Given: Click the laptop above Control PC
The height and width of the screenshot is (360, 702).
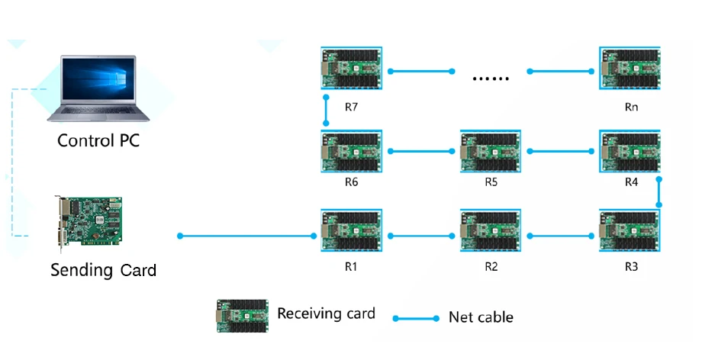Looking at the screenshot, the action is [98, 88].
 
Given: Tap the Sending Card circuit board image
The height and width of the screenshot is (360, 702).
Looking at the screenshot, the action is [89, 224].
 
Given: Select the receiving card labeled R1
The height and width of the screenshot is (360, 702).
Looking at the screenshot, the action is [352, 230].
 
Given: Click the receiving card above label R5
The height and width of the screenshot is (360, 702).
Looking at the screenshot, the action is [491, 151].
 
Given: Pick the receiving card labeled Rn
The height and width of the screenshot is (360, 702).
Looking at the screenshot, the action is [630, 69].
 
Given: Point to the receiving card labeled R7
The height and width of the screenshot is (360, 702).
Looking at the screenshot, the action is [352, 69].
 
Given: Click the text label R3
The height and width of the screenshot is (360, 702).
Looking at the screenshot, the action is [631, 267].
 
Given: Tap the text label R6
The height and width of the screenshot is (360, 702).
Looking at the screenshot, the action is [352, 182].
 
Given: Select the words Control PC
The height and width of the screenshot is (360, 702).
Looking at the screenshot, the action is [98, 140].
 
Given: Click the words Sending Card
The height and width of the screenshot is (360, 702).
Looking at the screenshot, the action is [104, 270].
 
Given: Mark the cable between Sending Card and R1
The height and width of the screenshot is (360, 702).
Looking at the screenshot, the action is [246, 236].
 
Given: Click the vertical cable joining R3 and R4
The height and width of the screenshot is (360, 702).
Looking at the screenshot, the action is [659, 192].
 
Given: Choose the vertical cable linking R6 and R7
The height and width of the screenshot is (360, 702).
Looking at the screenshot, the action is [326, 110].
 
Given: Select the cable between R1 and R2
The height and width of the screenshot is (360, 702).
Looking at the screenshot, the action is [421, 236].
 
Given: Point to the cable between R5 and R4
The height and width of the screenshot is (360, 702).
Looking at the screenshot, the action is [561, 151].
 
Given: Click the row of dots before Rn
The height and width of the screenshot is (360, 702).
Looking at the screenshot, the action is [491, 79].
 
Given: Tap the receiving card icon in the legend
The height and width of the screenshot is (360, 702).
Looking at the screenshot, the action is [243, 316].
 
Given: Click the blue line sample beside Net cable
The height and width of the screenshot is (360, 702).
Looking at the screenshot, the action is [416, 318].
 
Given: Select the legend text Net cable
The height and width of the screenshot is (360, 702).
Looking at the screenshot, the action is [481, 317].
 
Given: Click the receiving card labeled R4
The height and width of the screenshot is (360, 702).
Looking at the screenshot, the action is [630, 151].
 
